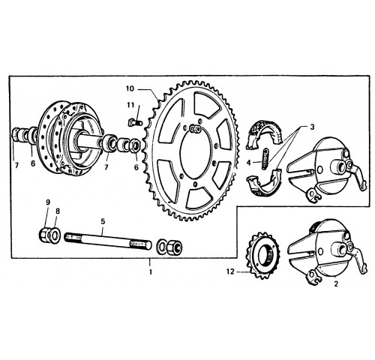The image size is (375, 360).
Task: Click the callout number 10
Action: click(130, 88)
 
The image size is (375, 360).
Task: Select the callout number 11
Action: click(130, 105)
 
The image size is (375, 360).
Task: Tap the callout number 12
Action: click(230, 271)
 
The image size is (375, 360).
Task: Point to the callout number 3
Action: click(312, 127)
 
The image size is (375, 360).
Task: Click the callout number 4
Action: click(248, 163)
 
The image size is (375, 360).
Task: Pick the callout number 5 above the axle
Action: click(103, 221)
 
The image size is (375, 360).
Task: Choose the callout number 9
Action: click(48, 202)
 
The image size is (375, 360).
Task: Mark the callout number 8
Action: click(58, 211)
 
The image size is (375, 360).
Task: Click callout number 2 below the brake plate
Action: click(336, 283)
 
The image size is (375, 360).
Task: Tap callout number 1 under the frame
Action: click(151, 271)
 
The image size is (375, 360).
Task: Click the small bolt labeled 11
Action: click(135, 123)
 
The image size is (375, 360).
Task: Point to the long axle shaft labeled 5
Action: click(108, 240)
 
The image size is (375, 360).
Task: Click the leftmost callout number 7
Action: click(16, 166)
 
